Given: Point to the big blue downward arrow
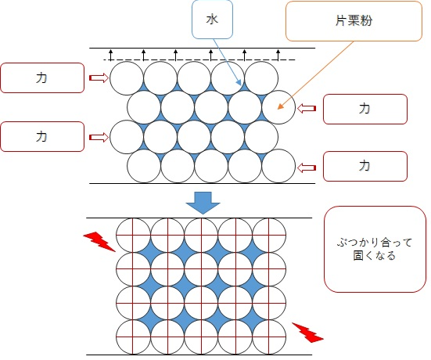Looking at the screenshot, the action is pyautogui.click(x=203, y=203).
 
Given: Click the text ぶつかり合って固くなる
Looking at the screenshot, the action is pyautogui.click(x=375, y=249).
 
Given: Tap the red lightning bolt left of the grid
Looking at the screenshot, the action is pyautogui.click(x=99, y=242).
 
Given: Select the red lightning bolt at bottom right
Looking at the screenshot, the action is pyautogui.click(x=308, y=333).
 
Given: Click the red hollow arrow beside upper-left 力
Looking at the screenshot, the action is pyautogui.click(x=99, y=78).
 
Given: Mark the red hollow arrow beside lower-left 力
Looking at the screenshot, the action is pyautogui.click(x=99, y=137).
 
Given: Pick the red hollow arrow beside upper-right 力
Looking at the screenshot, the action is pyautogui.click(x=307, y=108).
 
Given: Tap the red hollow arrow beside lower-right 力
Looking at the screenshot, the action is pyautogui.click(x=307, y=167).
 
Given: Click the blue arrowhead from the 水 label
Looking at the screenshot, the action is pyautogui.click(x=239, y=82).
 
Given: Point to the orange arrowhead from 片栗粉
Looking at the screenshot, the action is pyautogui.click(x=280, y=106).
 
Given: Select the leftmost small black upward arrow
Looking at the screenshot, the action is pyautogui.click(x=110, y=55).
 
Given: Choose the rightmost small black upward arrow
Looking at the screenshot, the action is pyautogui.click(x=278, y=55).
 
